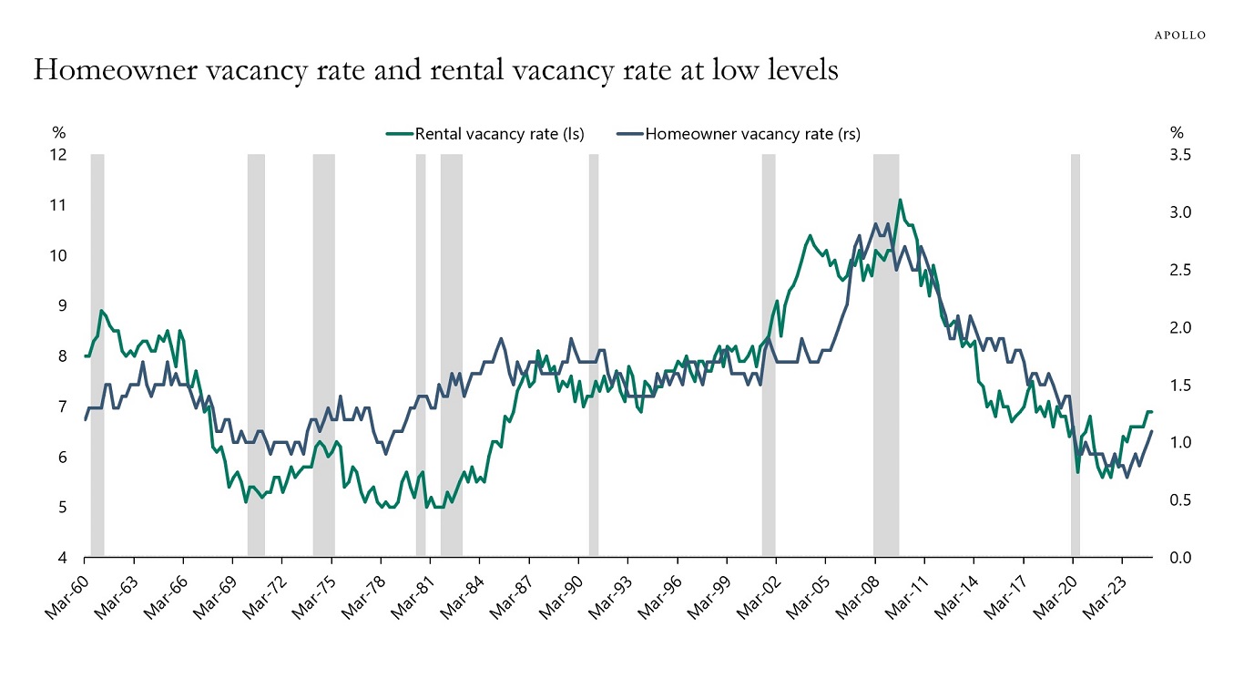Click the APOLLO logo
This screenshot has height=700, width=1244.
[1180, 35]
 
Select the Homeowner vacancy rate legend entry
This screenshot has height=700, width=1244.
[752, 134]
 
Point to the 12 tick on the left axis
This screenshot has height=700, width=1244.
[59, 155]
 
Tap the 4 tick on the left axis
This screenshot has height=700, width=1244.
[63, 557]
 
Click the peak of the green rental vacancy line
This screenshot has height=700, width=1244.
[900, 200]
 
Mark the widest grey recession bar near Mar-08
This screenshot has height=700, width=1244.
[885, 355]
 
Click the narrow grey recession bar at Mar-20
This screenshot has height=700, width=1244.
[1076, 355]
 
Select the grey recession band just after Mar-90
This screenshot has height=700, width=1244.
[594, 355]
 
